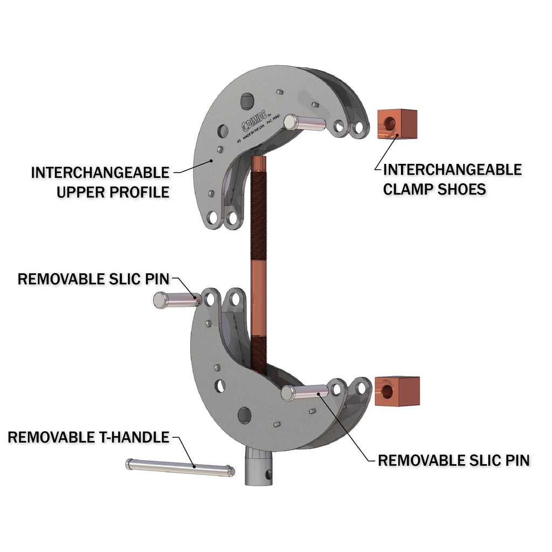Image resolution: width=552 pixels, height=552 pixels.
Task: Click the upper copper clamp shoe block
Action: [x=398, y=124]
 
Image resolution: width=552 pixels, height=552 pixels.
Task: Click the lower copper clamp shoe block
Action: [x=398, y=391]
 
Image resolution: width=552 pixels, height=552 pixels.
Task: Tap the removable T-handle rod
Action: [x=180, y=467]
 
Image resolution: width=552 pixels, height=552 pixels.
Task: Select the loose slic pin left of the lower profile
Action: [x=176, y=299]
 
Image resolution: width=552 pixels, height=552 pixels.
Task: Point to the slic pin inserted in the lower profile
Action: [x=305, y=391]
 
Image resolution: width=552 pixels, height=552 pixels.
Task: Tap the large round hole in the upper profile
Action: [x=247, y=100]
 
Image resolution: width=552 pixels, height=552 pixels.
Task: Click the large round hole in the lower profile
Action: [x=244, y=415]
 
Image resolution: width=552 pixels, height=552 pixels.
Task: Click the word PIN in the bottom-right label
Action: [x=516, y=460]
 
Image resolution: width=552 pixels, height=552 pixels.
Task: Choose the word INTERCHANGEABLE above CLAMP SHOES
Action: [x=452, y=170]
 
